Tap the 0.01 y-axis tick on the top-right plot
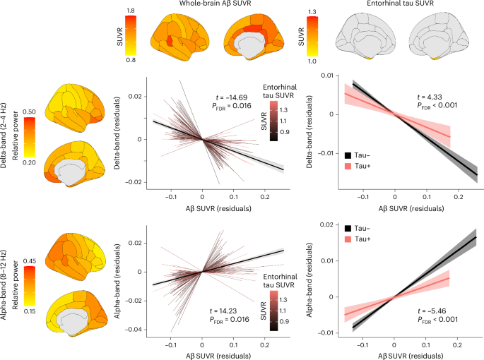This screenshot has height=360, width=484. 327,75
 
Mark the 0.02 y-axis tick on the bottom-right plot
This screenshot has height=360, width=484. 327,224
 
